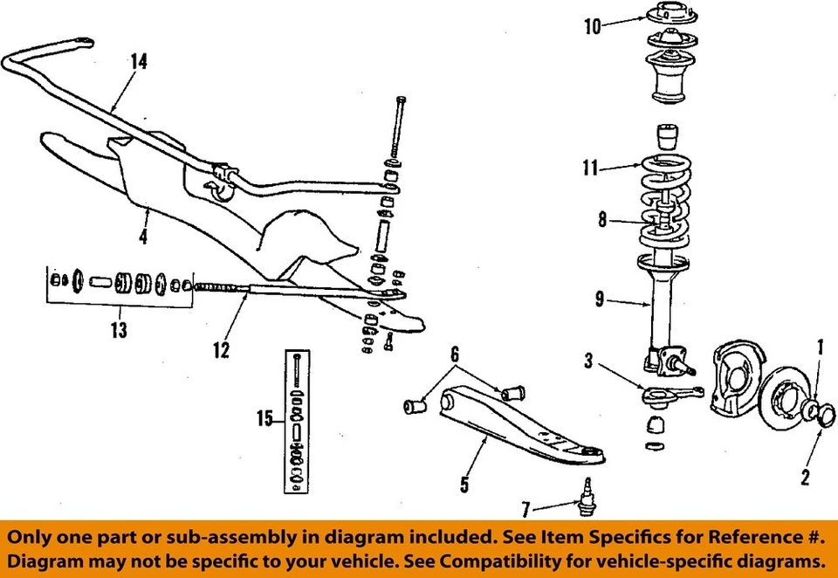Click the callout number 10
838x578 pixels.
point(593,26)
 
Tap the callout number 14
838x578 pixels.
point(138,61)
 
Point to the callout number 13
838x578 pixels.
point(118,330)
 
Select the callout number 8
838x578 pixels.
point(601,222)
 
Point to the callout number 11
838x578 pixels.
point(591,168)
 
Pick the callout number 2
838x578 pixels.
point(805,477)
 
